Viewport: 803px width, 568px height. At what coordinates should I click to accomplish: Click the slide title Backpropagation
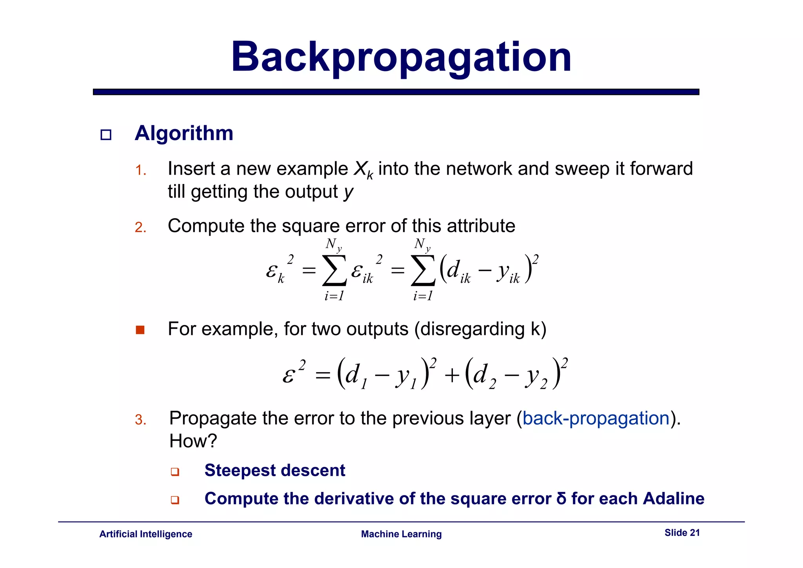click(401, 58)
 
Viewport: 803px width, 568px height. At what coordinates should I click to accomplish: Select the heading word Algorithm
click(184, 133)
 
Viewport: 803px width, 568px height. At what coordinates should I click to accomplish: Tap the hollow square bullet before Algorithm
click(106, 135)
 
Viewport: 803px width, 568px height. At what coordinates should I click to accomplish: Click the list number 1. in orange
click(140, 171)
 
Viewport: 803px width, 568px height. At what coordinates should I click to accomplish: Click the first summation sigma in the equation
click(334, 270)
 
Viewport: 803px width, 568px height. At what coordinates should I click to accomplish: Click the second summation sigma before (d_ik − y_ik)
click(423, 270)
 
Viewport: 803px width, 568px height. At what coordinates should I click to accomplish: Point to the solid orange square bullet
click(140, 330)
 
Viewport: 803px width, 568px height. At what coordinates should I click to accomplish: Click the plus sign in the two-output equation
click(452, 375)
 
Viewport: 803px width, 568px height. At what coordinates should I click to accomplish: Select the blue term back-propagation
click(596, 418)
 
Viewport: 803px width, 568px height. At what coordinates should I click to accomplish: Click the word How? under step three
click(193, 441)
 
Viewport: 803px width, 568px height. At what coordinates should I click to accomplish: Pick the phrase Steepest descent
click(274, 470)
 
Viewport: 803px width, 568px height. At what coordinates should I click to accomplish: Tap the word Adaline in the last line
click(673, 499)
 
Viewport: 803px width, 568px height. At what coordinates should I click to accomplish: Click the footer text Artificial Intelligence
click(145, 534)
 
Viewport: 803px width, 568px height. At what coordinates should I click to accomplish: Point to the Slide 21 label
click(682, 533)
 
